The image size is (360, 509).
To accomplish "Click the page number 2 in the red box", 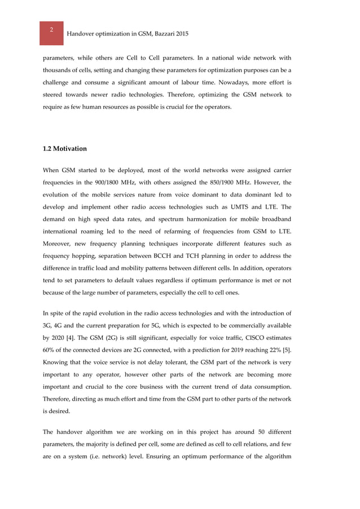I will point(51,30).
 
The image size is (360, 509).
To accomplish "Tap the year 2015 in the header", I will point(182,34).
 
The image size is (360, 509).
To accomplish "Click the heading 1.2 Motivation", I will point(65,149).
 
